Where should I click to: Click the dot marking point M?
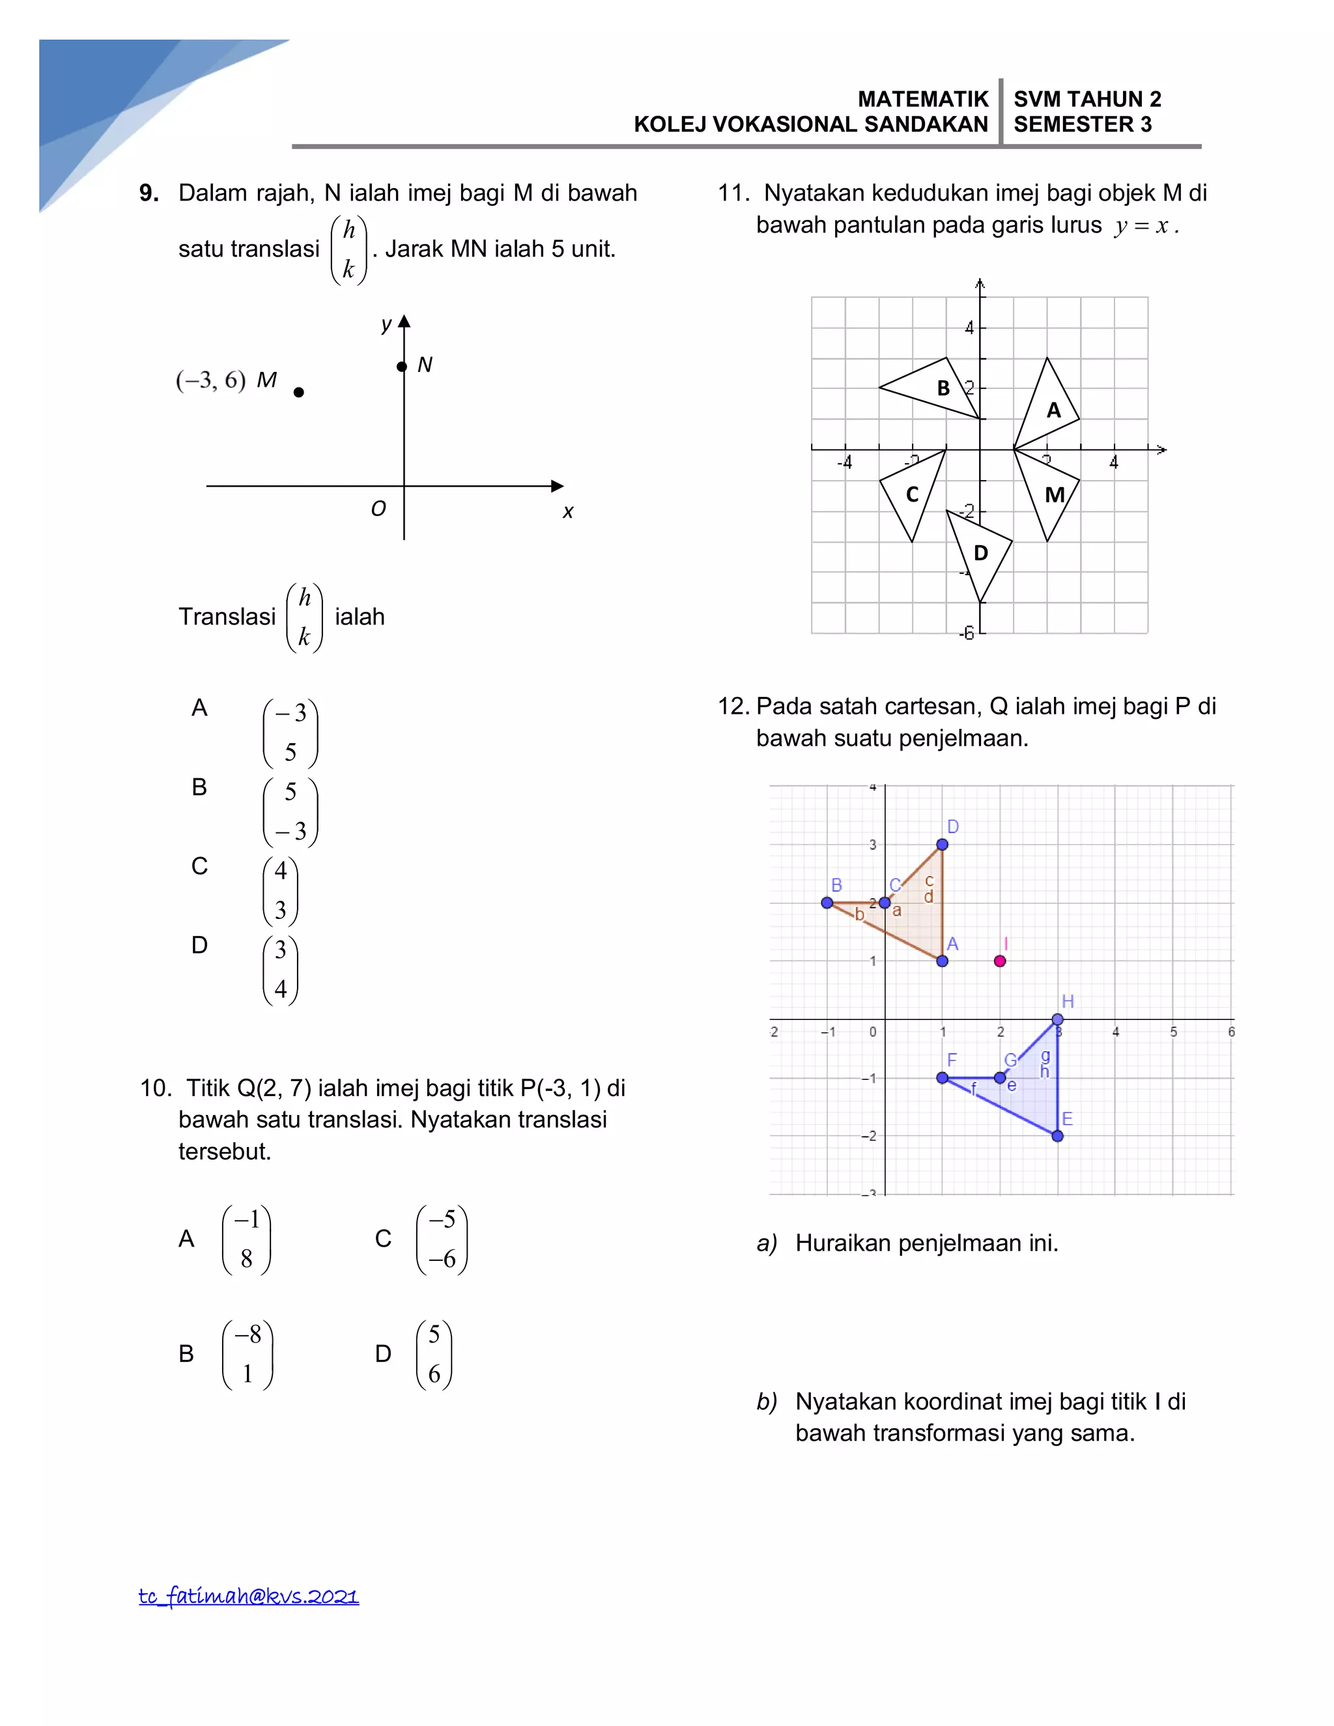click(x=299, y=392)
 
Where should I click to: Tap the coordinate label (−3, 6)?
click(x=211, y=380)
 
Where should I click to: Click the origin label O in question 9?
click(x=378, y=509)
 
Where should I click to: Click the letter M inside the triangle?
click(x=1055, y=495)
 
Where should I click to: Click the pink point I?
click(x=1000, y=961)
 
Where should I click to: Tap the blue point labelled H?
click(x=1057, y=1019)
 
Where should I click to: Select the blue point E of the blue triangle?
click(x=1057, y=1136)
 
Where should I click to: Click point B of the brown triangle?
click(x=827, y=903)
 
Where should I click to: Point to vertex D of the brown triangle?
click(x=942, y=844)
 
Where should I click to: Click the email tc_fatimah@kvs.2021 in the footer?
click(x=249, y=1596)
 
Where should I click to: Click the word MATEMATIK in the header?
click(x=923, y=100)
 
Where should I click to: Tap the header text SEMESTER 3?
click(x=1082, y=125)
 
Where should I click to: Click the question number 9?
click(x=149, y=193)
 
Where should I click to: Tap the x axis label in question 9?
click(x=567, y=512)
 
